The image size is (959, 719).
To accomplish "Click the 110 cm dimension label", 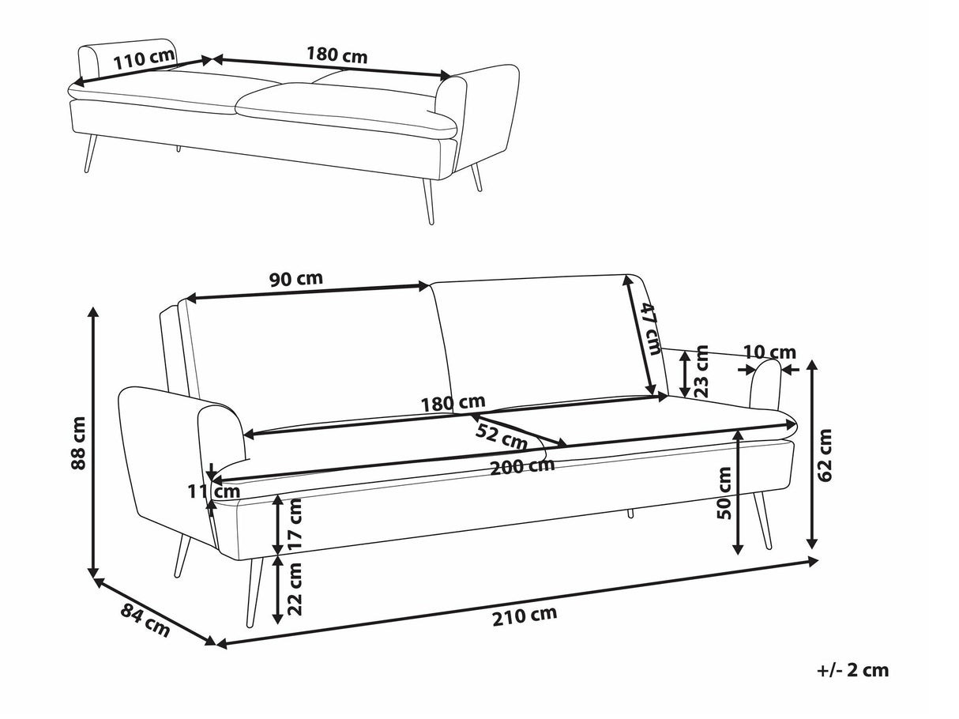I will click(x=143, y=61).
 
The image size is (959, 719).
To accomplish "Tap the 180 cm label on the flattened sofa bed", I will click(x=337, y=55).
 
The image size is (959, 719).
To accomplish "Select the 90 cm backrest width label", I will click(x=295, y=279).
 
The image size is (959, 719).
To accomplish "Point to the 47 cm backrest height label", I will click(x=649, y=329).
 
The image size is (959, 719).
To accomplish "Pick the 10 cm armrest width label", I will click(x=769, y=352).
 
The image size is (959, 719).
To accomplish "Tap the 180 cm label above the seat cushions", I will click(x=453, y=404).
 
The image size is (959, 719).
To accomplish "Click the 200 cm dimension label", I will click(x=521, y=466).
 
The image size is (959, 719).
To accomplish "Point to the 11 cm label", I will click(x=213, y=491).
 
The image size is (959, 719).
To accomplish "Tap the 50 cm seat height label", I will click(x=724, y=494).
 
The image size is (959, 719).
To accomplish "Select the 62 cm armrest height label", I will click(x=826, y=454).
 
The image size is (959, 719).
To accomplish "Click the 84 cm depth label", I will click(x=145, y=619).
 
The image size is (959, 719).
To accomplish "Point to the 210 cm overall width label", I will click(x=524, y=615).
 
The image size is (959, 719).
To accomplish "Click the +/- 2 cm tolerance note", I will click(x=852, y=671).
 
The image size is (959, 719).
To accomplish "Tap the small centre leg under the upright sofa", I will click(x=630, y=514).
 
